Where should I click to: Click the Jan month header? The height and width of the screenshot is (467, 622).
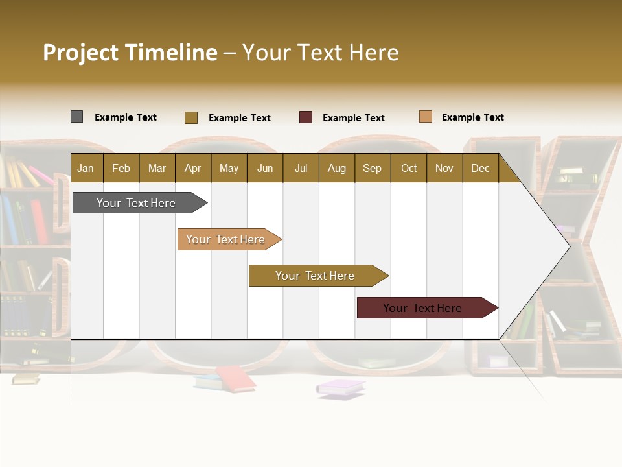click(86, 168)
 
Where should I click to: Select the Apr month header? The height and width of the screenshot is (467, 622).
click(193, 168)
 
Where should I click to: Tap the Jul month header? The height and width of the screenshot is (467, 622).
click(301, 168)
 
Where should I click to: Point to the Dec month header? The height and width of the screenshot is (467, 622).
click(480, 168)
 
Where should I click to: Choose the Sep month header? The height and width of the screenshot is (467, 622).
click(372, 168)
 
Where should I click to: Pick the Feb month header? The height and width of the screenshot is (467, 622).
click(121, 168)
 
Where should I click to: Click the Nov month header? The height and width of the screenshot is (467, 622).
click(444, 168)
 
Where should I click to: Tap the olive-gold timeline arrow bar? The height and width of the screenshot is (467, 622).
click(316, 276)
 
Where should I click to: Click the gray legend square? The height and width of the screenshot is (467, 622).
click(76, 117)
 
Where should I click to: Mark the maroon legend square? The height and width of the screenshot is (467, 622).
click(306, 117)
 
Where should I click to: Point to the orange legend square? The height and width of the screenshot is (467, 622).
click(425, 117)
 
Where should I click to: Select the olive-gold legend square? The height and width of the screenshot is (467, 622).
click(191, 117)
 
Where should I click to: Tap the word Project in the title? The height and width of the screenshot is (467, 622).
click(81, 53)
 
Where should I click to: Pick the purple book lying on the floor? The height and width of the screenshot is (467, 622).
click(341, 387)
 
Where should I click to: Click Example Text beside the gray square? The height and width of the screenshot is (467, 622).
click(126, 117)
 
